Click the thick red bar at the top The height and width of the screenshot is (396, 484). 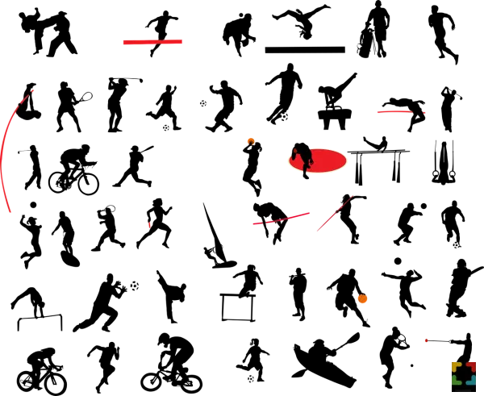(x=154, y=42)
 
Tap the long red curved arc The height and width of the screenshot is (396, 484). (x=4, y=153)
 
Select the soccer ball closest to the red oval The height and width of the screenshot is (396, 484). (x=285, y=117)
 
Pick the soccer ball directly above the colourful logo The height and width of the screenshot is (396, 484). (x=457, y=245)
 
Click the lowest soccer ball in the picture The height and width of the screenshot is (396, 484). (x=251, y=380)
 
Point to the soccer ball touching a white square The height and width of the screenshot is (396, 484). (x=135, y=286)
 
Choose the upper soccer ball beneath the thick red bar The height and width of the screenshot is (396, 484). (x=202, y=103)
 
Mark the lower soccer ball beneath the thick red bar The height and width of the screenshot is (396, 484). (x=166, y=128)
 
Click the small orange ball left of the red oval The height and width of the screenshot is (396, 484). (x=251, y=140)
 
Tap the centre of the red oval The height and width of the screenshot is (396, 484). (x=319, y=160)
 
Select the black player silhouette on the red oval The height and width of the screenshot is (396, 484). (x=303, y=156)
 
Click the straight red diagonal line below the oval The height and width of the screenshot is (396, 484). (x=335, y=213)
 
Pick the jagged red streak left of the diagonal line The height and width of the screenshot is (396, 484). (x=282, y=219)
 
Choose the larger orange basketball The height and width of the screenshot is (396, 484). (x=361, y=298)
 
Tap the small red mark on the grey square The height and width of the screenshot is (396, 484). (x=426, y=341)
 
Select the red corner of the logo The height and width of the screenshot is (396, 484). (x=471, y=366)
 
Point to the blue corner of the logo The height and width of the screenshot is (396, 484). (x=471, y=379)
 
